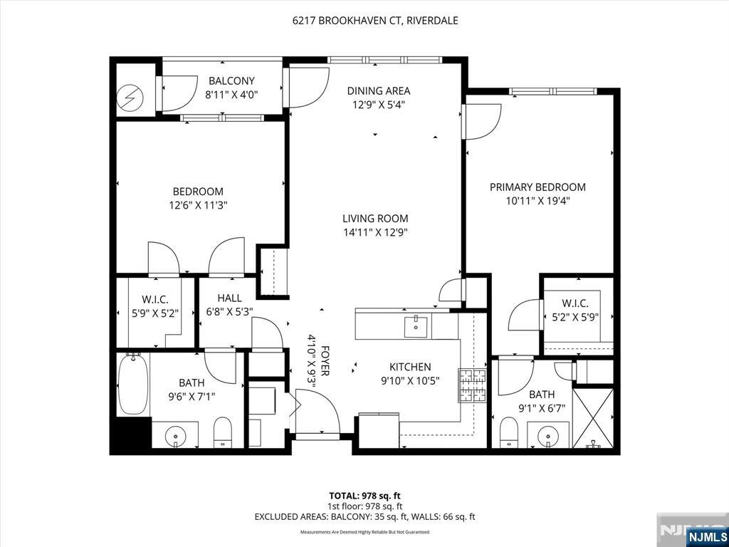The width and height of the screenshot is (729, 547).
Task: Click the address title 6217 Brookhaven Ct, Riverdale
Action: pyautogui.click(x=375, y=21)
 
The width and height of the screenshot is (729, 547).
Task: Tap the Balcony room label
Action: pyautogui.click(x=231, y=80)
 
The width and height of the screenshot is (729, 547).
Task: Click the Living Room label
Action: pyautogui.click(x=375, y=218)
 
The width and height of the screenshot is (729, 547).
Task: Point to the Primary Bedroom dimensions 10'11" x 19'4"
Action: pyautogui.click(x=538, y=201)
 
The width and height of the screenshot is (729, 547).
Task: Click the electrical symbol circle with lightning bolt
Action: pyautogui.click(x=131, y=97)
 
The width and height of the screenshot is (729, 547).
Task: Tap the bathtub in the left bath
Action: pyautogui.click(x=133, y=384)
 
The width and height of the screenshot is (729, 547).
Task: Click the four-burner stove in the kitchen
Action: pyautogui.click(x=473, y=385)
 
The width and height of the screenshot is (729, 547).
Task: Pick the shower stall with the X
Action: pyautogui.click(x=593, y=417)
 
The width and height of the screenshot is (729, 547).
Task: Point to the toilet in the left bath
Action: pyautogui.click(x=222, y=432)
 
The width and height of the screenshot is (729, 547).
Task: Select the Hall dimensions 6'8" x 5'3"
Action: pyautogui.click(x=229, y=312)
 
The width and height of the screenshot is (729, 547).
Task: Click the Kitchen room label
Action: pyautogui.click(x=410, y=367)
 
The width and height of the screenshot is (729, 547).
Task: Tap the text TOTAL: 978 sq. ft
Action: pyautogui.click(x=364, y=496)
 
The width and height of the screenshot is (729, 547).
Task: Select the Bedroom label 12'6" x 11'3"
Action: pyautogui.click(x=198, y=198)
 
